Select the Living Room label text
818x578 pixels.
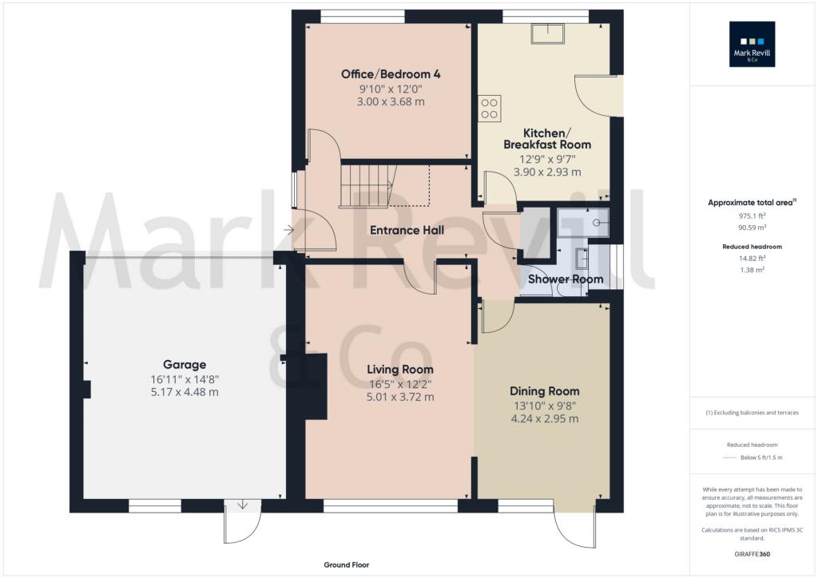coord(400,370)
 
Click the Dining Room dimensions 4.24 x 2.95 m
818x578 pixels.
coord(545,418)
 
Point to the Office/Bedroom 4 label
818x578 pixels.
coord(391,74)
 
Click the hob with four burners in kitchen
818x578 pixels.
coord(490,109)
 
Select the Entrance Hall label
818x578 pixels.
coord(407,231)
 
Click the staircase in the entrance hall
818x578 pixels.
coord(363,184)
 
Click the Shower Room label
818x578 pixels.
coord(566,279)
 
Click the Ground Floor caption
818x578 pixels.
coord(347,565)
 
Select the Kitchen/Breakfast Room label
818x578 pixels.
coord(547,138)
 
